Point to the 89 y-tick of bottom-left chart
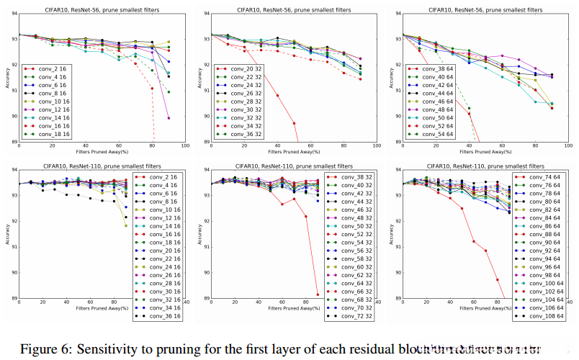pos(12,298)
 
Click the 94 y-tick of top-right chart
pos(397,14)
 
